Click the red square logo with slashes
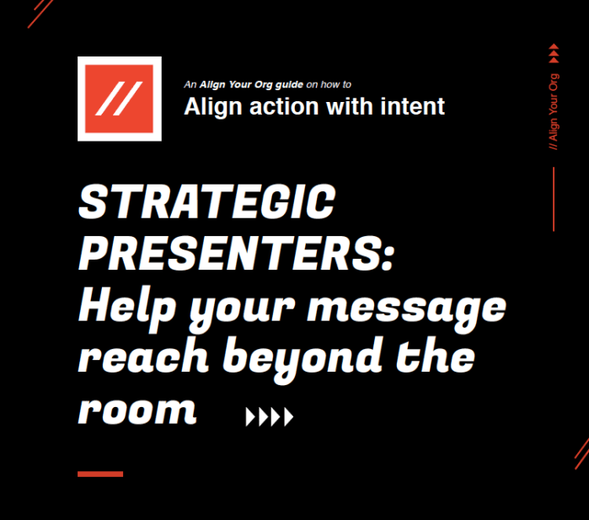(119, 99)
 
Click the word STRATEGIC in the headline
(206, 204)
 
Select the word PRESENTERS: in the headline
(237, 253)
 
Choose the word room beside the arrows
(136, 410)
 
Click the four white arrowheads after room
(270, 416)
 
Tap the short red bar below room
(100, 474)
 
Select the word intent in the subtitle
(413, 107)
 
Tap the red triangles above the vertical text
(554, 53)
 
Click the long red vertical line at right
(554, 199)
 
